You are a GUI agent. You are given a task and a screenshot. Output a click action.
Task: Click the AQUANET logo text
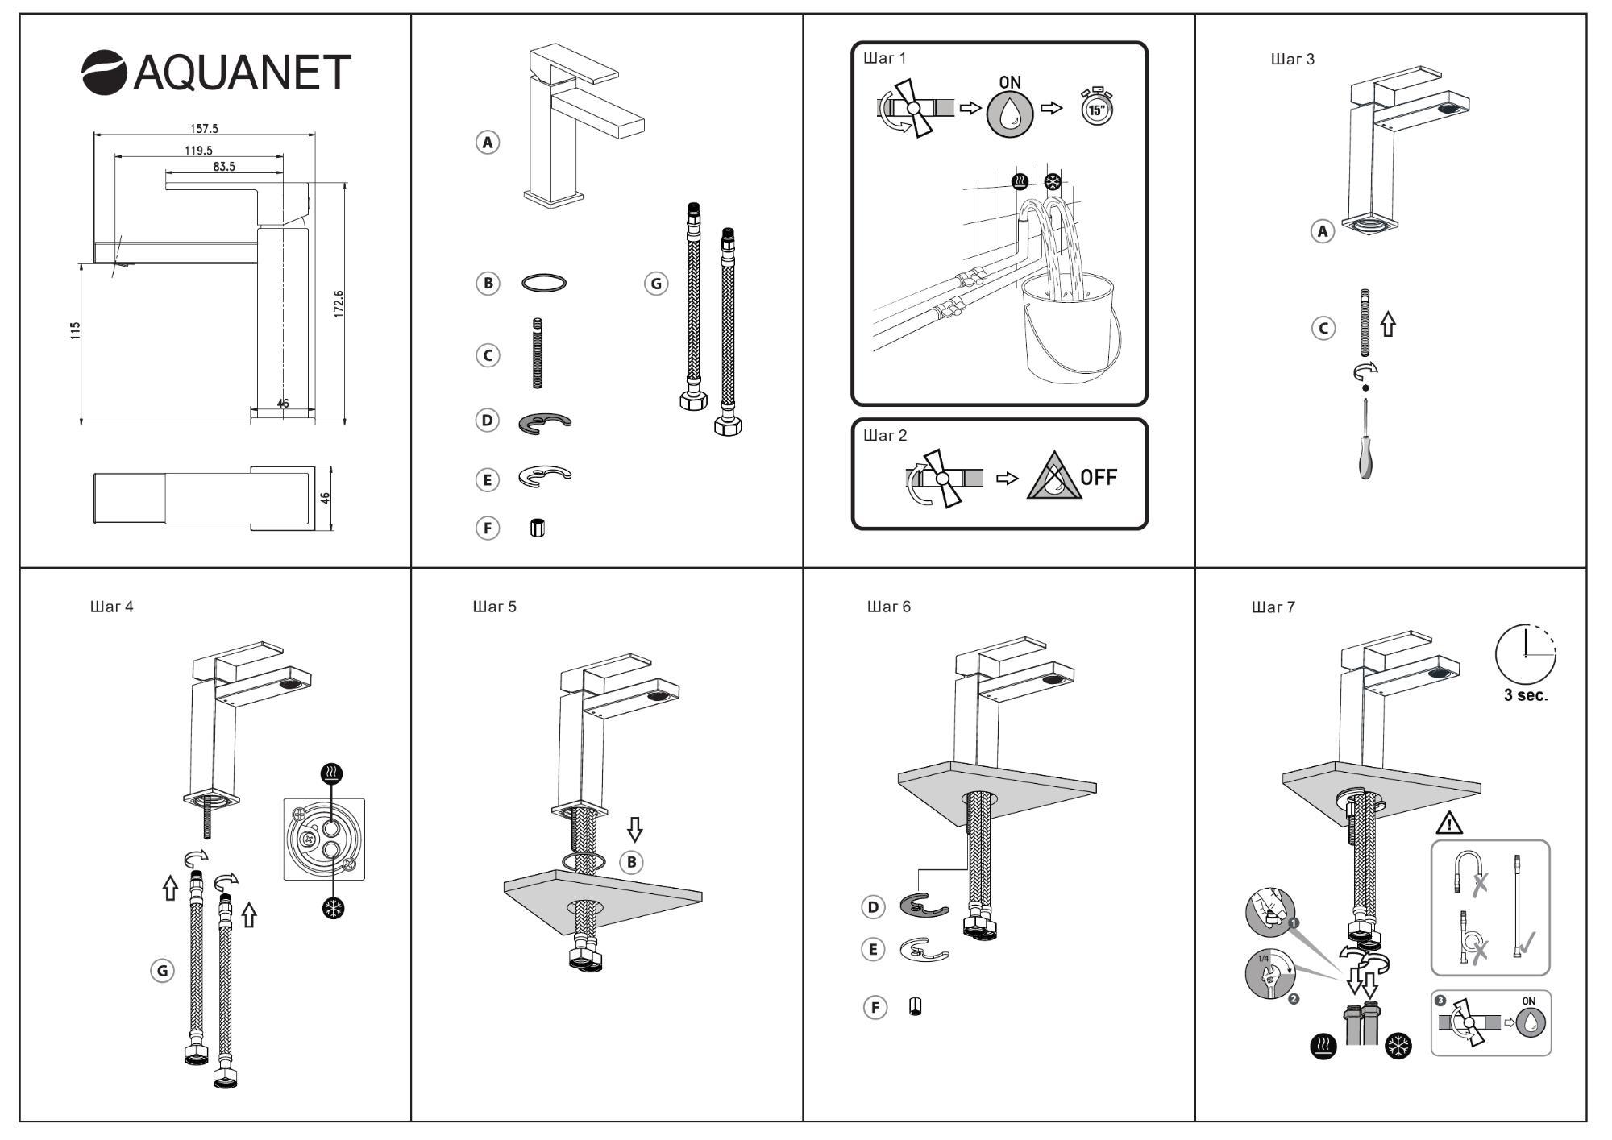point(242,72)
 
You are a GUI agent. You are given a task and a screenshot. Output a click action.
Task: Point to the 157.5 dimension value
point(204,128)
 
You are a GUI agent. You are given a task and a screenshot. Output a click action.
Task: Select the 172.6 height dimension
point(339,304)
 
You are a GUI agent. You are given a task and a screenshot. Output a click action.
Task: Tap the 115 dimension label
point(76,330)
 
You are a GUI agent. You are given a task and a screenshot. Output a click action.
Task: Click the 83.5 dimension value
point(224,167)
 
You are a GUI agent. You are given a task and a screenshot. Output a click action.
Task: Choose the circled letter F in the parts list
point(487,529)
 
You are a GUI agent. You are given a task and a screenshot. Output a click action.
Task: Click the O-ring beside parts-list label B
point(544,283)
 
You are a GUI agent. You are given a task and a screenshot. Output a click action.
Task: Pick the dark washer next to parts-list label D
point(544,422)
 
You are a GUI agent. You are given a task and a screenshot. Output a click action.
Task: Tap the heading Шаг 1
point(885,58)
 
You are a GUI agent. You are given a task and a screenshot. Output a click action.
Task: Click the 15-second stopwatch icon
point(1096,106)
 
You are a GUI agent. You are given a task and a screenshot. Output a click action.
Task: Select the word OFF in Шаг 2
point(1099,478)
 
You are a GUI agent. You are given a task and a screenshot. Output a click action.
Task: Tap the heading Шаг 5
point(494,607)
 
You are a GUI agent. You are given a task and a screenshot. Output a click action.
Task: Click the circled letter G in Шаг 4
point(163,971)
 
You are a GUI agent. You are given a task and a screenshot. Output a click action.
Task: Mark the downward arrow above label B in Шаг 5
point(635,830)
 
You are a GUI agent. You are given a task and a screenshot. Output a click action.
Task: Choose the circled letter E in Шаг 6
point(873,949)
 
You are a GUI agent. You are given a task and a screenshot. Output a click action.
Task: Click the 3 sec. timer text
point(1526,695)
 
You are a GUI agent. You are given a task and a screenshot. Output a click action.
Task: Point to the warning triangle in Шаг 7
point(1449,823)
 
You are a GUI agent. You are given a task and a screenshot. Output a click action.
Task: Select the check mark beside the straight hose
point(1527,940)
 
